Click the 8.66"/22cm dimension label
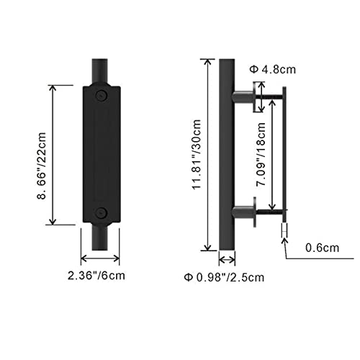pyautogui.click(x=41, y=166)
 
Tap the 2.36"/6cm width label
pyautogui.click(x=96, y=276)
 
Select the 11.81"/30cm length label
pyautogui.click(x=197, y=155)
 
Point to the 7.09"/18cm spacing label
pyautogui.click(x=261, y=154)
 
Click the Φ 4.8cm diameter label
pyautogui.click(x=273, y=70)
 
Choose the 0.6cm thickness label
pyautogui.click(x=322, y=248)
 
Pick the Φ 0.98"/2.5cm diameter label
pyautogui.click(x=224, y=277)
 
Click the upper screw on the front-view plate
pyautogui.click(x=102, y=95)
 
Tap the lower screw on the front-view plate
pyautogui.click(x=101, y=212)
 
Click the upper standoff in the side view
pyautogui.click(x=243, y=97)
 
